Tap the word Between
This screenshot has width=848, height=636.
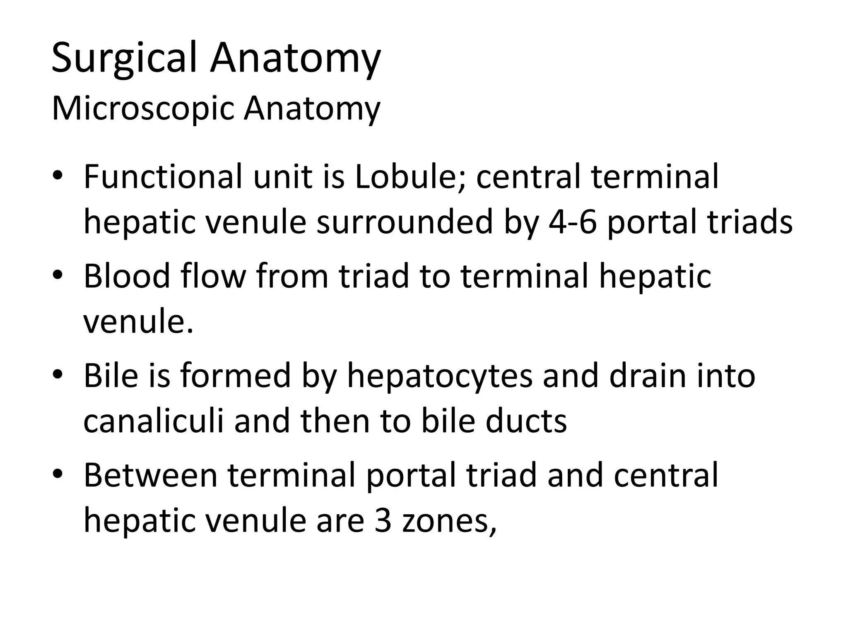[x=151, y=475]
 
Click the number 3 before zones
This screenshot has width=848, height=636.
[x=383, y=520]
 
